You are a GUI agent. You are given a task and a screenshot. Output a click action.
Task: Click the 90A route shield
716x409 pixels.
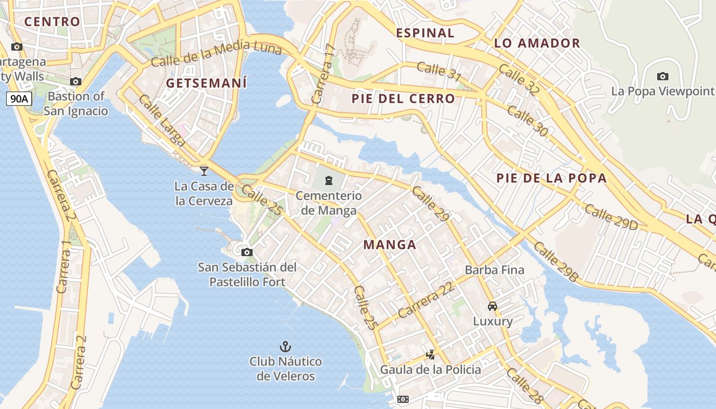[19, 99]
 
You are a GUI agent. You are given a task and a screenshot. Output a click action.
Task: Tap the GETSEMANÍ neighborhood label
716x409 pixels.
[207, 83]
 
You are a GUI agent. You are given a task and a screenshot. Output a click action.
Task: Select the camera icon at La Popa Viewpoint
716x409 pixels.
[662, 77]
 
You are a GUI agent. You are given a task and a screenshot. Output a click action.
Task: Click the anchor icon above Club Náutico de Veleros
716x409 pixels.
[285, 347]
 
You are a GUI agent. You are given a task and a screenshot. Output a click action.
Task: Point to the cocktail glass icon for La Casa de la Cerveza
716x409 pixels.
[204, 171]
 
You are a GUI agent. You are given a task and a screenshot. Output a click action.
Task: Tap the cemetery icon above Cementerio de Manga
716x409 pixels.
[328, 180]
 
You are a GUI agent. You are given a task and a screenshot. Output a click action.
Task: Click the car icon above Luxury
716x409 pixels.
[493, 306]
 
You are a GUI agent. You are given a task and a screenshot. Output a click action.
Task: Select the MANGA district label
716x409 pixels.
[390, 245]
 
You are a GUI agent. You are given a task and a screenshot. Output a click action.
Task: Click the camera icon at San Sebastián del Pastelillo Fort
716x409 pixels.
[247, 252]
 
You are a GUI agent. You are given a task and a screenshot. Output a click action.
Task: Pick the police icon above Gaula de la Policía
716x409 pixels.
[431, 354]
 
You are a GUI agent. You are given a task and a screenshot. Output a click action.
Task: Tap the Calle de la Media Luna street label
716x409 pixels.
[216, 54]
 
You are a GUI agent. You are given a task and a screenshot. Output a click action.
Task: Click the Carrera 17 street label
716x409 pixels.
[324, 75]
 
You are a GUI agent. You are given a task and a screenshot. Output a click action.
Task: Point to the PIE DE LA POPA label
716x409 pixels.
[551, 178]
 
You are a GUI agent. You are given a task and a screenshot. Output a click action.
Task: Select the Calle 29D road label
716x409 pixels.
[611, 217]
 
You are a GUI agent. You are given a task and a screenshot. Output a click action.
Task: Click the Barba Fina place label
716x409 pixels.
[494, 269]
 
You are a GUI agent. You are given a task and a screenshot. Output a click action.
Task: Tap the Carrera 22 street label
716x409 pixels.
[426, 300]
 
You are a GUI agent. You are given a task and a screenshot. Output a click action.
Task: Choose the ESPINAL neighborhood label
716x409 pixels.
[425, 33]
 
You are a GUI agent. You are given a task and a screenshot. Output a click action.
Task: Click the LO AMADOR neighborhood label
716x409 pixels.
[537, 43]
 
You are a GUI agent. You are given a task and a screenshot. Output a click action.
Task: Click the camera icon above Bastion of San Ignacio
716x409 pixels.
[76, 81]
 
